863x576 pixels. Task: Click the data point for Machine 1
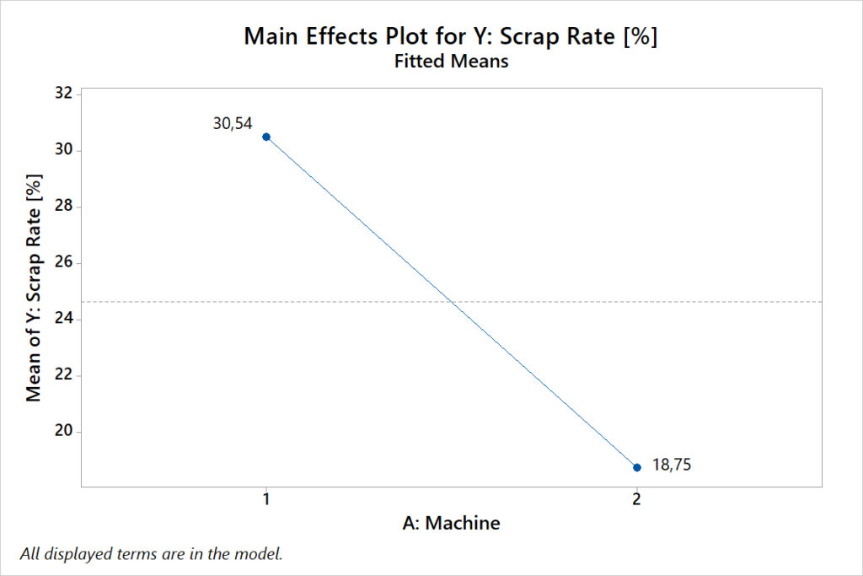pos(266,137)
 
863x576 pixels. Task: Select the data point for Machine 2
pos(637,467)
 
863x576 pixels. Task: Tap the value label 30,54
pos(233,124)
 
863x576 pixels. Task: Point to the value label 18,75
pos(673,465)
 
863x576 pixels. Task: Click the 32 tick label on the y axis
pos(62,94)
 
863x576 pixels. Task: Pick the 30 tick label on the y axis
pos(62,150)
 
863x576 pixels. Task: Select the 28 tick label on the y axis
pos(62,207)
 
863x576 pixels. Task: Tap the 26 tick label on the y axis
pos(62,263)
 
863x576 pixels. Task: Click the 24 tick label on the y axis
pos(62,320)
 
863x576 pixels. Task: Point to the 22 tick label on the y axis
pos(62,375)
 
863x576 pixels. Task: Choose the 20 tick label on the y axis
pos(62,432)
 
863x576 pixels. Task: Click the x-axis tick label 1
pos(266,498)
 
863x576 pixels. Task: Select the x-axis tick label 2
pos(636,498)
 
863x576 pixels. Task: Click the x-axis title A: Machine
pos(451,524)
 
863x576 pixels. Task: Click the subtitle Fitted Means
pos(451,62)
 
